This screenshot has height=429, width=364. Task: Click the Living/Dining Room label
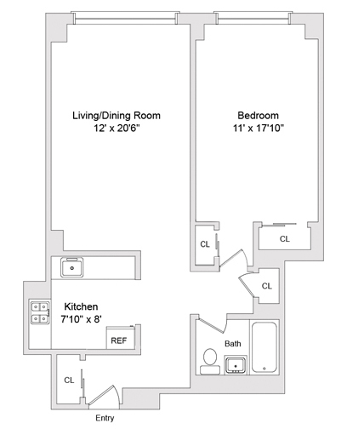point(116,115)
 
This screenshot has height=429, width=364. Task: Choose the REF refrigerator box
point(117,339)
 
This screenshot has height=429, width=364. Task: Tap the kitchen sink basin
point(74,269)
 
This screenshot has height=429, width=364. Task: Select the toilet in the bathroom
point(209,362)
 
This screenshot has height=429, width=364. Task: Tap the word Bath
point(233,343)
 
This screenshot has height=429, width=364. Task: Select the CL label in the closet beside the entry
point(68,380)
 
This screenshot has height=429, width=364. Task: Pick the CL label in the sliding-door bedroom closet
point(284,239)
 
